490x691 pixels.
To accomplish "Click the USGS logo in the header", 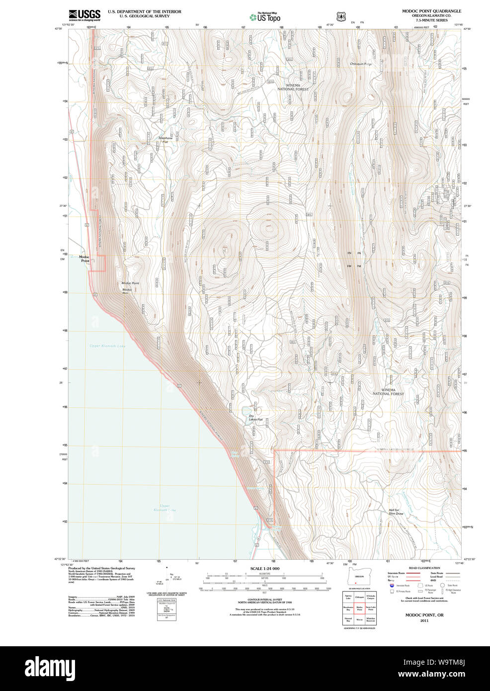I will tap(84, 14).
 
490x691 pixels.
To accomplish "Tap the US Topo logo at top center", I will tap(265, 17).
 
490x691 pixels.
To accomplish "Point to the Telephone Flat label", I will tap(165, 140).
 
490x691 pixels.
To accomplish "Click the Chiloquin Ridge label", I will tap(361, 64).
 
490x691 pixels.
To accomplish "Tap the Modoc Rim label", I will tap(127, 291).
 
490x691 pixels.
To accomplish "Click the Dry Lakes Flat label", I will tap(255, 418).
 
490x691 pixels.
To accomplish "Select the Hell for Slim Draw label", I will tap(396, 512).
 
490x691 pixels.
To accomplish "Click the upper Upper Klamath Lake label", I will tap(107, 346).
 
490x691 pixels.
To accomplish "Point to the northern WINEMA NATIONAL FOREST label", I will tap(293, 87).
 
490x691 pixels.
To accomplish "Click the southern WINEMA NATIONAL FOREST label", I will tap(389, 392).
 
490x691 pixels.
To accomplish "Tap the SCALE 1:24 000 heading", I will tap(264, 569).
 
